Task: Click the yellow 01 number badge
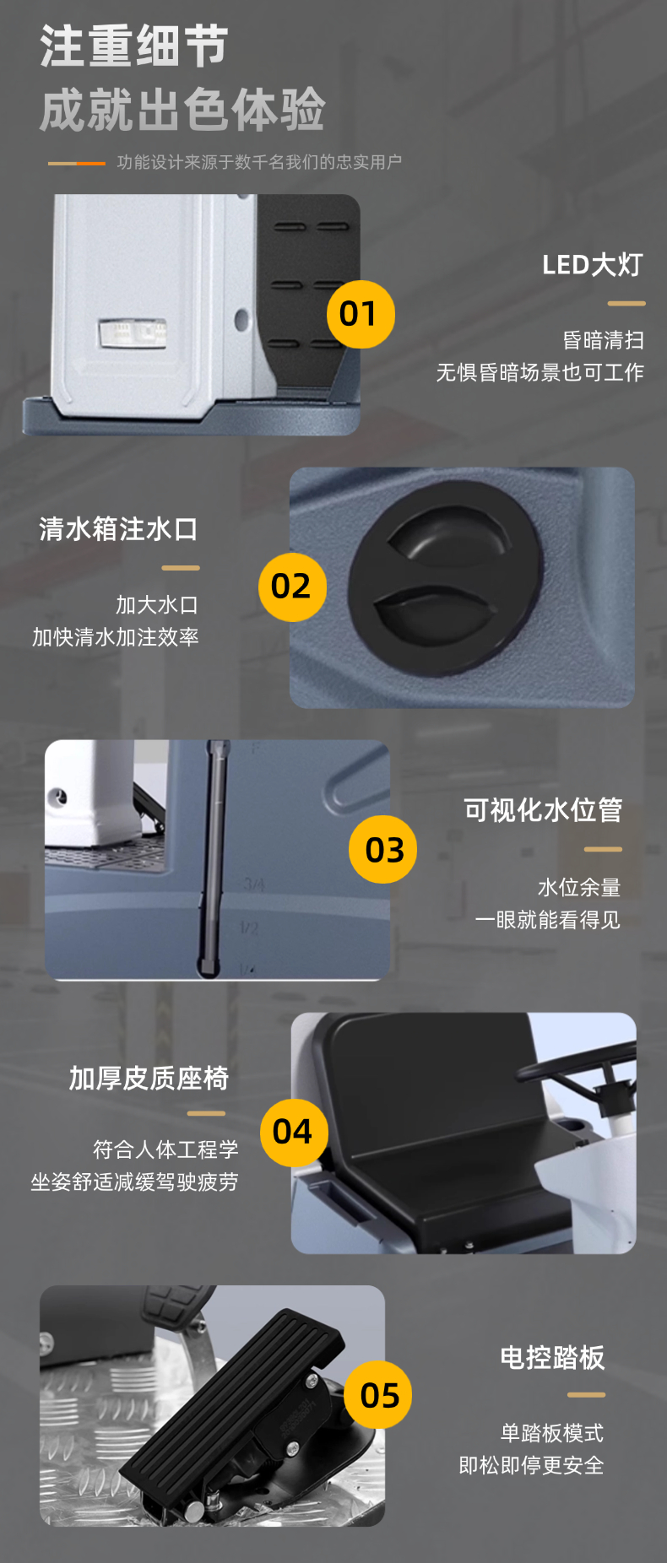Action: (361, 314)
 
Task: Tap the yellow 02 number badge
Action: (292, 587)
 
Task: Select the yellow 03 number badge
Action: (382, 849)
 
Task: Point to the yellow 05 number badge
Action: (378, 1395)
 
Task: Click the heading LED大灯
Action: (592, 265)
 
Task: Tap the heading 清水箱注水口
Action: (118, 529)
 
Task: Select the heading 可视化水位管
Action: (543, 810)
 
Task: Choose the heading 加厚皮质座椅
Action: (149, 1078)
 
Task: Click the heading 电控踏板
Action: (552, 1357)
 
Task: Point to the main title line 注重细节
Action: (134, 46)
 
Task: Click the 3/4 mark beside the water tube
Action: (254, 884)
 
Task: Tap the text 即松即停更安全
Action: (531, 1465)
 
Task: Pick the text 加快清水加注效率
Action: (116, 636)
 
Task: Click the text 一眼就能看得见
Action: (547, 919)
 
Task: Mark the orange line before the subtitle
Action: (77, 163)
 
